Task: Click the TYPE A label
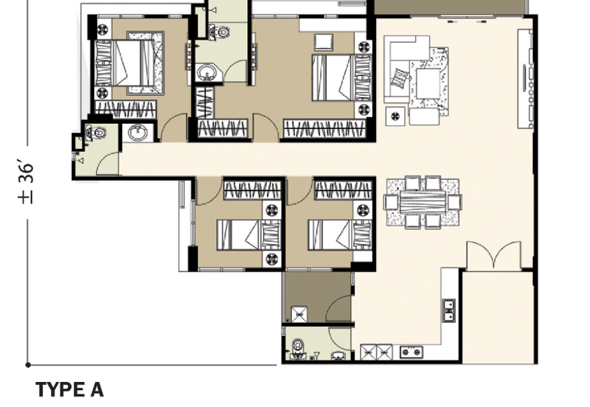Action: [69, 389]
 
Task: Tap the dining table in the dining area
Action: [423, 202]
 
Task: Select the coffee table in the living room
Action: [428, 83]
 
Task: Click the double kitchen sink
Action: [448, 310]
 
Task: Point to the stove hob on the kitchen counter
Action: [412, 352]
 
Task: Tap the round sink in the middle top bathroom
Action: [206, 72]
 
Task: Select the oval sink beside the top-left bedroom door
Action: [138, 133]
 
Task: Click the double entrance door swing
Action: [493, 255]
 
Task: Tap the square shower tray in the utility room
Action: [299, 313]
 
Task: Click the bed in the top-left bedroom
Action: [129, 63]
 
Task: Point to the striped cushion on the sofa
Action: [400, 79]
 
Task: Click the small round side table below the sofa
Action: [395, 116]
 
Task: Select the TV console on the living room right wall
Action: [525, 79]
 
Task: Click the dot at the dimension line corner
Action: [28, 364]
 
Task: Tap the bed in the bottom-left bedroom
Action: [249, 235]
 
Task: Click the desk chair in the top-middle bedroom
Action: [324, 42]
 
